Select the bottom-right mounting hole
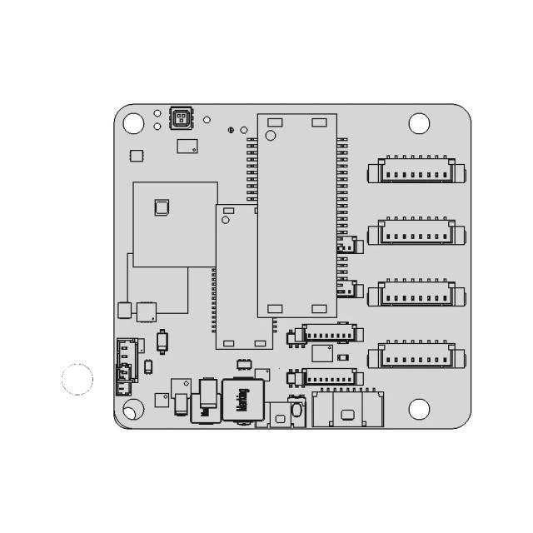point(420,409)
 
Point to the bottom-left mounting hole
point(132,410)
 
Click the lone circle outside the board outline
point(77,379)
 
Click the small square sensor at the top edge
point(179,117)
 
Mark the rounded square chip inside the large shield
point(162,207)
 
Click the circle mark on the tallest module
point(270,136)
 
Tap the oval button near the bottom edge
point(281,418)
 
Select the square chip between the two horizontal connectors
point(321,354)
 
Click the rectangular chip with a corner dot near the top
point(188,146)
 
